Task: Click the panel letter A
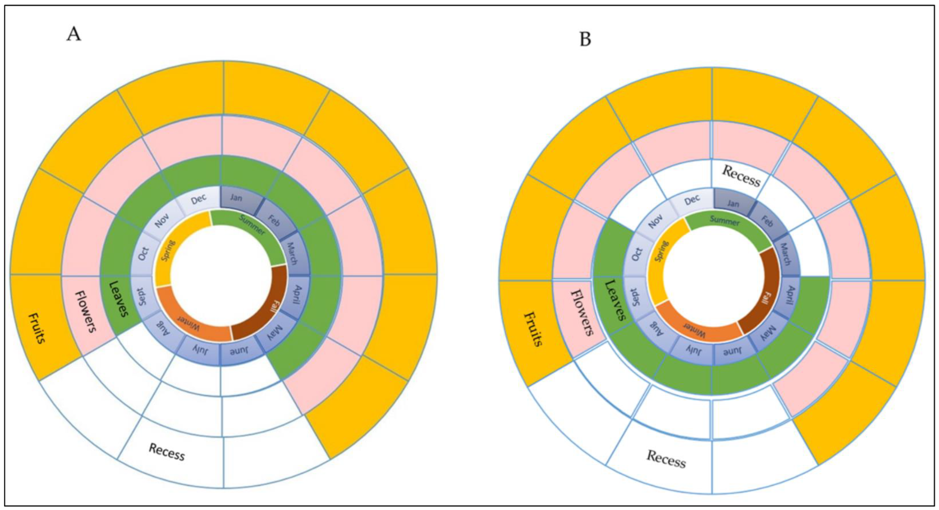[x=74, y=35]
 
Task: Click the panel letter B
[x=585, y=40]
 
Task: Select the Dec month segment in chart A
[x=199, y=199]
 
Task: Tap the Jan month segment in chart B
[x=733, y=203]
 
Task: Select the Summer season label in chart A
[x=252, y=224]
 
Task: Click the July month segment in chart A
[x=200, y=350]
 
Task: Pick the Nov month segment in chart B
[x=655, y=221]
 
